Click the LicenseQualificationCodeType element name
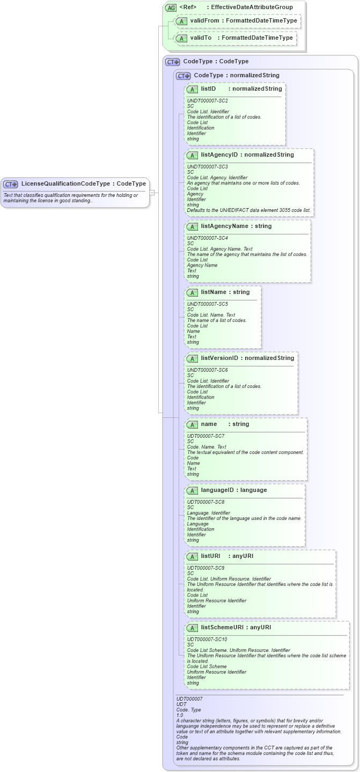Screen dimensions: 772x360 click(66, 183)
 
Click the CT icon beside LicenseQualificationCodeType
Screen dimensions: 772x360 click(11, 184)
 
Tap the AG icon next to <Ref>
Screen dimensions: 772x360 click(171, 8)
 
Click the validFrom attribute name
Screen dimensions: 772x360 click(204, 20)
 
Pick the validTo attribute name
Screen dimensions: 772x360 click(201, 38)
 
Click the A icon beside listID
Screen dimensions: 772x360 click(192, 89)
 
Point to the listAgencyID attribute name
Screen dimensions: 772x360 click(219, 155)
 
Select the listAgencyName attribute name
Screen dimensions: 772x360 click(224, 226)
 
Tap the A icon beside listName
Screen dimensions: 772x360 click(192, 292)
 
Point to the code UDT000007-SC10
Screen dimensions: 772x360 click(207, 639)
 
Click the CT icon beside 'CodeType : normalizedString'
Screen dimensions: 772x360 click(183, 76)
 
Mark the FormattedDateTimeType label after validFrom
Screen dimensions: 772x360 click(261, 20)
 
